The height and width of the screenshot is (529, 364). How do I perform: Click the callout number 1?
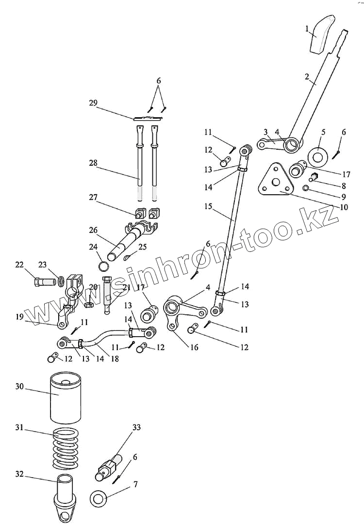(307, 29)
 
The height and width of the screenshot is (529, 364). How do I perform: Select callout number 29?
(93, 103)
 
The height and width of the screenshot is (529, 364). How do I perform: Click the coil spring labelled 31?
(65, 449)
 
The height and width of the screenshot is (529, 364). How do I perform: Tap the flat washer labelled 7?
(100, 498)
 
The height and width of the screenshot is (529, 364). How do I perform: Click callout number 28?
(93, 163)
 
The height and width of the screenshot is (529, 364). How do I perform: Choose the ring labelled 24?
(105, 266)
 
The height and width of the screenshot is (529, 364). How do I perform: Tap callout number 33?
(136, 427)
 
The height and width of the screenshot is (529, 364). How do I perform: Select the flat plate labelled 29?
(149, 118)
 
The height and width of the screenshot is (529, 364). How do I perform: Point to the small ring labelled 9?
(306, 188)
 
